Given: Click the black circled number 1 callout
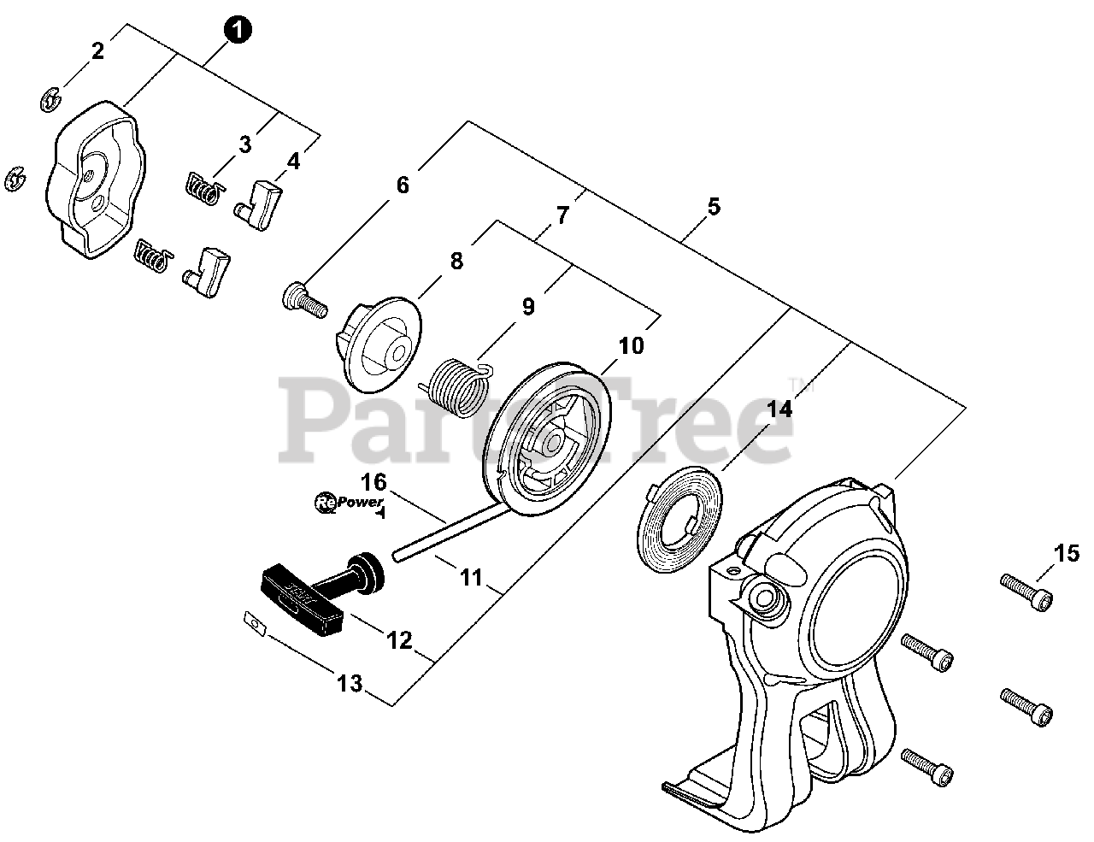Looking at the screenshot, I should click(x=238, y=30).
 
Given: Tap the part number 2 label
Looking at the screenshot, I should click(x=97, y=51).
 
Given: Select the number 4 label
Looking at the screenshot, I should click(x=293, y=161).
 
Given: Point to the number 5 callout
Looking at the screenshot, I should click(x=714, y=206).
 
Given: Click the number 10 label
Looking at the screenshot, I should click(x=631, y=346).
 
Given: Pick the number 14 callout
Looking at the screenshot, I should click(x=779, y=409).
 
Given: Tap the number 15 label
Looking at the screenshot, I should click(x=1067, y=554).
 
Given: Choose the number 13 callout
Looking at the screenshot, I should click(x=349, y=683).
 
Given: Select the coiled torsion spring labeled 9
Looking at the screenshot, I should click(x=458, y=389).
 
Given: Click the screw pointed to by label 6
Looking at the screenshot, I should click(x=304, y=300).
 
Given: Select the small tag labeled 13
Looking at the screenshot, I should click(x=254, y=623).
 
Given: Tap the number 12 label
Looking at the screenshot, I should click(x=399, y=640).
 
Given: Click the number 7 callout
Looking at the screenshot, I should click(x=562, y=215).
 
